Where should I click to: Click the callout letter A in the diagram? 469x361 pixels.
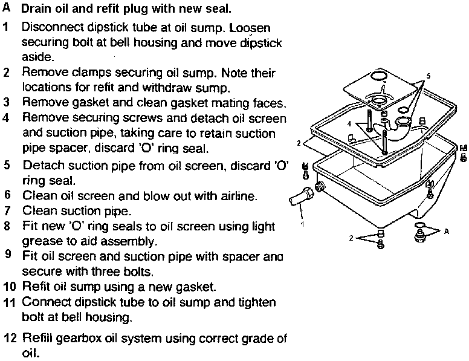click(x=447, y=231)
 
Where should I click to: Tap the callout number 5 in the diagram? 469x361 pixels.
click(x=429, y=76)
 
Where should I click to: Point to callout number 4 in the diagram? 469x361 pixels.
click(x=349, y=123)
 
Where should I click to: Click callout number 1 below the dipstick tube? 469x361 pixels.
click(x=303, y=224)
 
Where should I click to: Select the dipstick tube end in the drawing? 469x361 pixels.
click(x=301, y=196)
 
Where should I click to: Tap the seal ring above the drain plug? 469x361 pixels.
click(x=419, y=225)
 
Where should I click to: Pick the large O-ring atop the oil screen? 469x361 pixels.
click(x=380, y=76)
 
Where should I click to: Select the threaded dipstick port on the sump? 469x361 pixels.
click(x=320, y=186)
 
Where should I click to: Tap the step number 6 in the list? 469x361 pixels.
click(x=7, y=195)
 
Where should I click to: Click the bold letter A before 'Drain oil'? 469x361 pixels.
click(x=6, y=8)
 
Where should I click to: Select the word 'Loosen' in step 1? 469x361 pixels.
click(x=250, y=28)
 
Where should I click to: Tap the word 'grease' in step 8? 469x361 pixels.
click(x=39, y=241)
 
